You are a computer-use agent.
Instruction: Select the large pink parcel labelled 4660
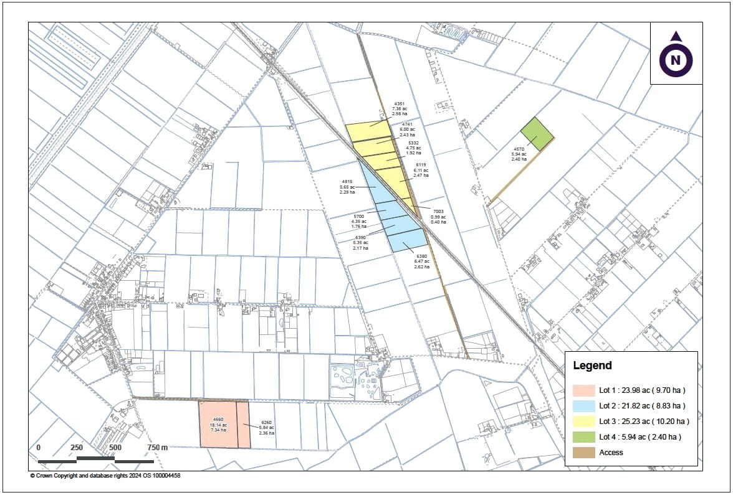click(218, 424)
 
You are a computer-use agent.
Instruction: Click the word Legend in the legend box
click(592, 366)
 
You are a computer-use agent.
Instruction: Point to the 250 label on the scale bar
click(77, 448)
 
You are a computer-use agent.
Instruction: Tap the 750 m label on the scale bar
click(157, 448)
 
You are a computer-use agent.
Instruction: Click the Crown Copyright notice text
click(105, 476)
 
